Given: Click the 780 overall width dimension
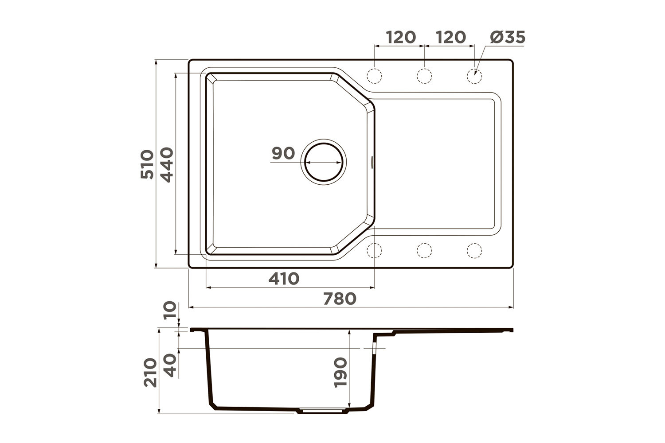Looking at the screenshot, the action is pyautogui.click(x=340, y=299).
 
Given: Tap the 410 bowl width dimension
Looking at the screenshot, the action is pyautogui.click(x=284, y=279).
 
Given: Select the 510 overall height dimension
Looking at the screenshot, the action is pyautogui.click(x=147, y=164).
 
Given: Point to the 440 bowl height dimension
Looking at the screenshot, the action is pyautogui.click(x=167, y=165).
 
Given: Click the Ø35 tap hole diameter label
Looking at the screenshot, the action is pyautogui.click(x=508, y=37).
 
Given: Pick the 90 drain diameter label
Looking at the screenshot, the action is pyautogui.click(x=283, y=153).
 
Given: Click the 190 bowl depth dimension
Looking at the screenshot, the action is pyautogui.click(x=340, y=373).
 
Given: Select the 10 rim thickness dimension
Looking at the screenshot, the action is pyautogui.click(x=170, y=311).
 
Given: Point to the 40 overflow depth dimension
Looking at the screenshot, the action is pyautogui.click(x=170, y=365).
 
